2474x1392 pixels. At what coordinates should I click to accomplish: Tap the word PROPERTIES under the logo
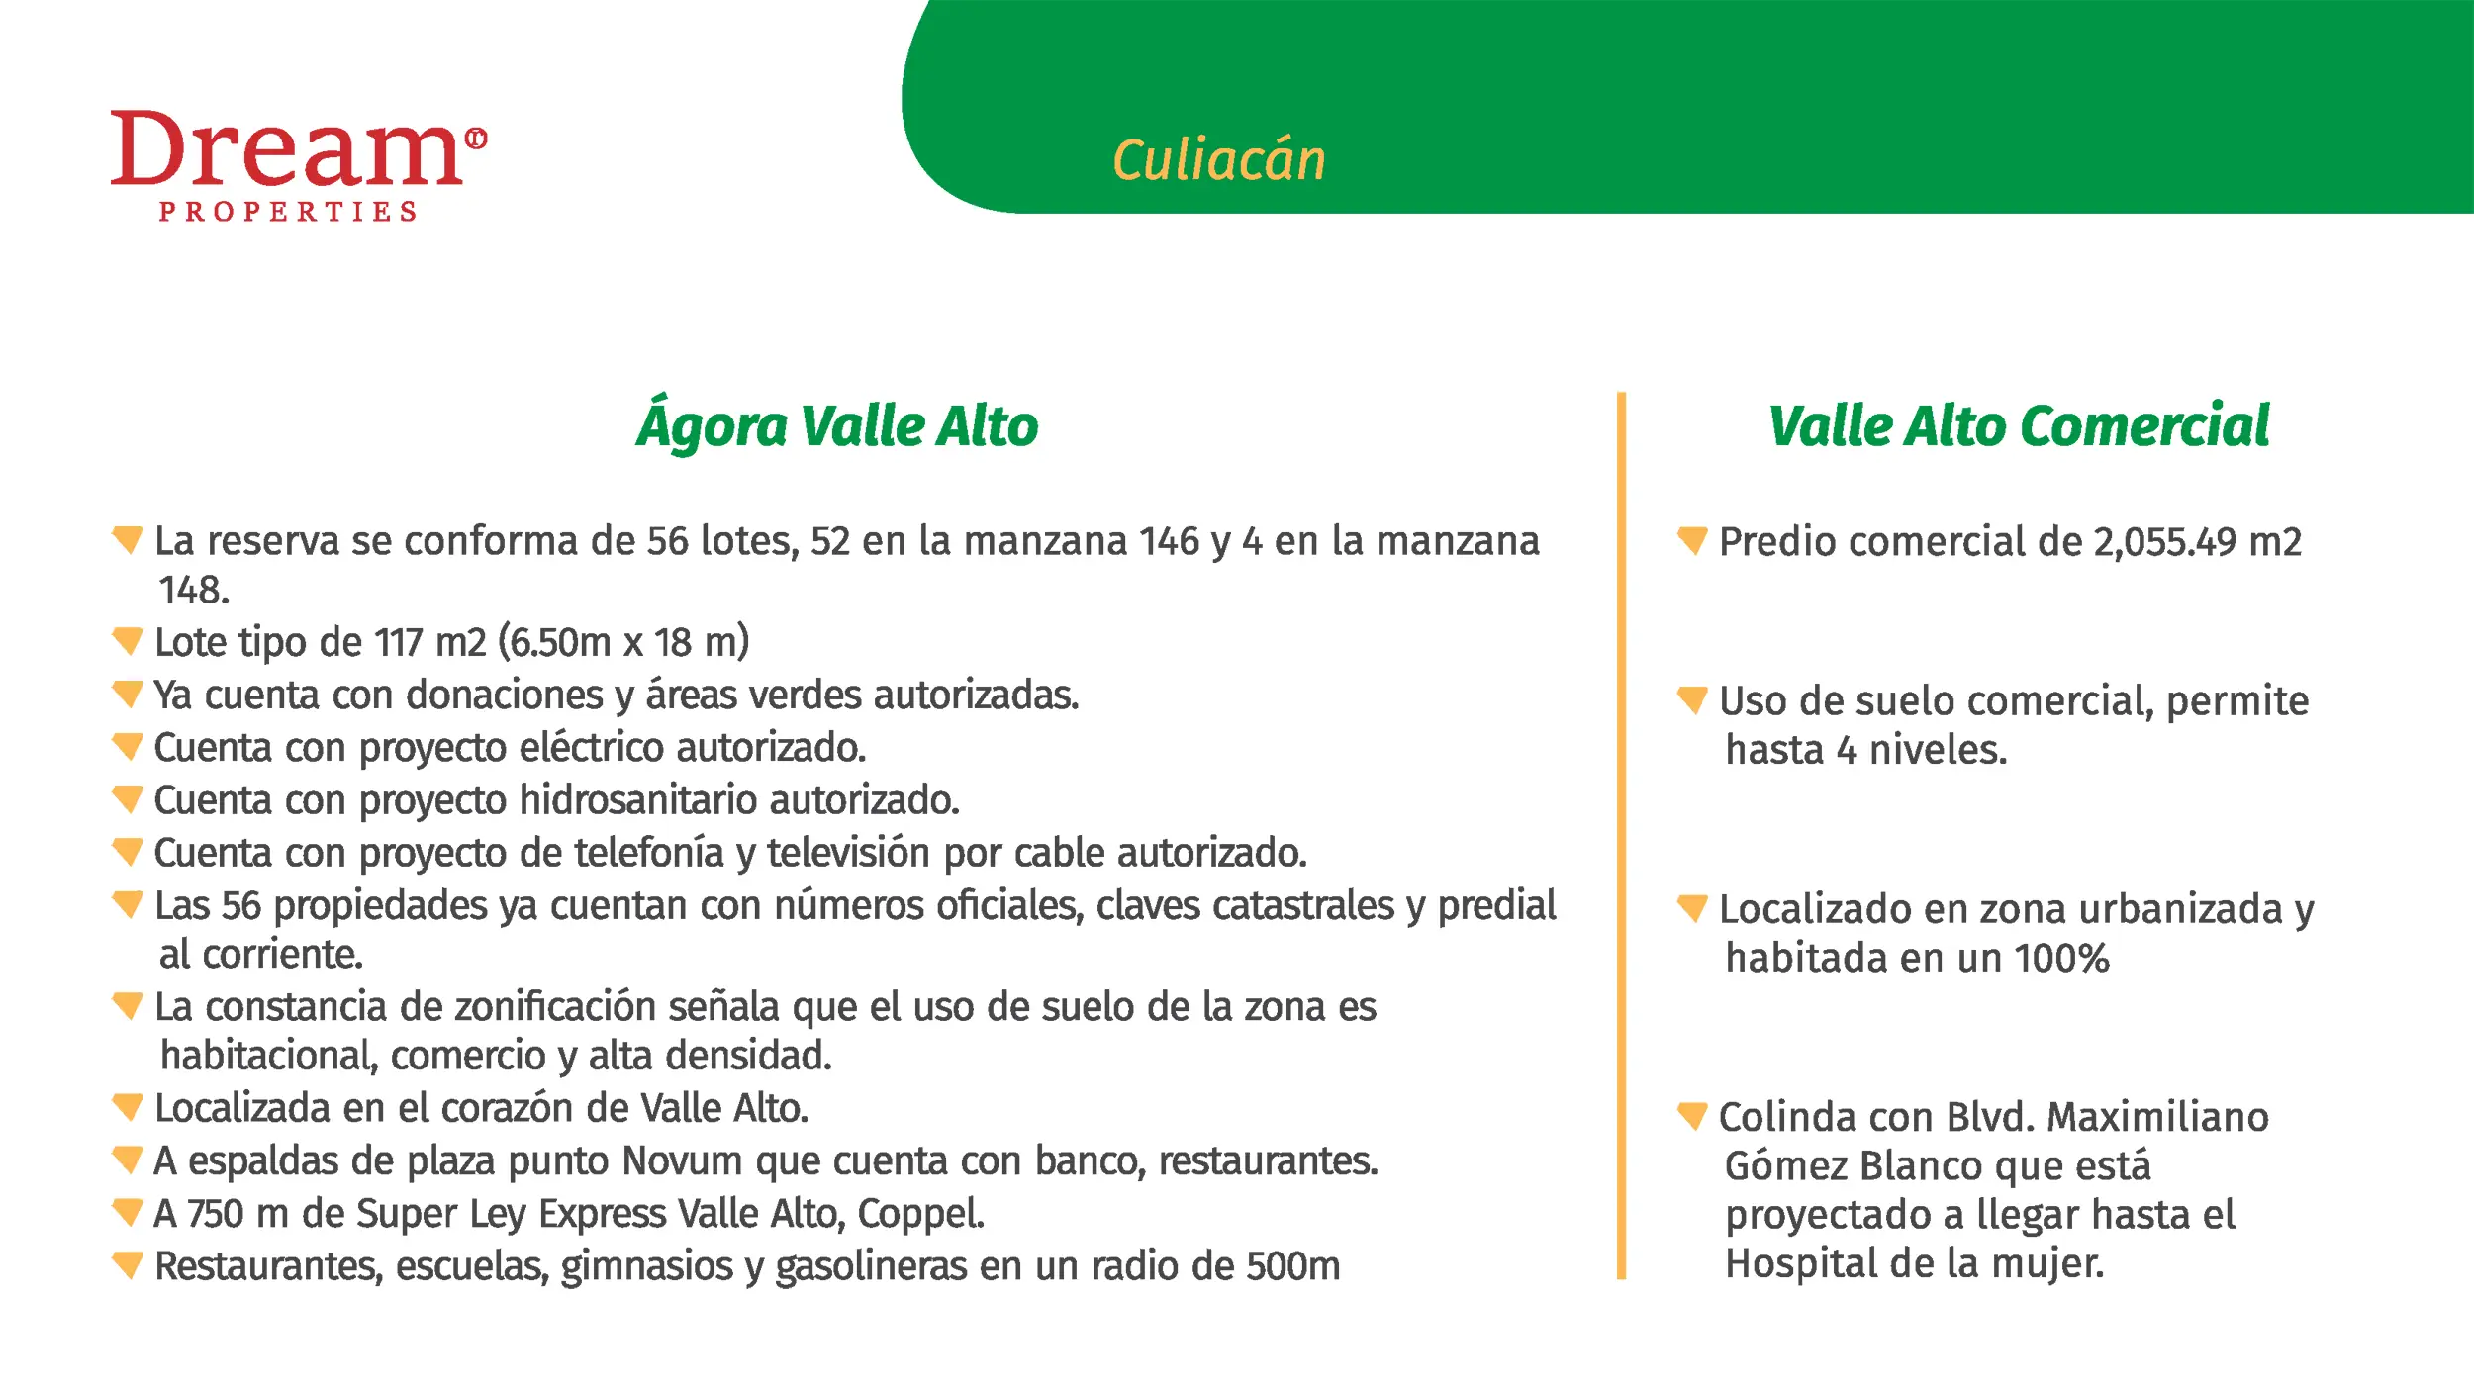(x=288, y=212)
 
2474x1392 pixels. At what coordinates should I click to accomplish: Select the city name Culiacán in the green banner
(x=1218, y=160)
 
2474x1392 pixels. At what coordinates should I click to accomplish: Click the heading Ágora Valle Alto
(x=837, y=425)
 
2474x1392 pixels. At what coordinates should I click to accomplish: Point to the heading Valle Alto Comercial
(x=2019, y=426)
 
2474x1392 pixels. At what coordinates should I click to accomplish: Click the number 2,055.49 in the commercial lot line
(x=2164, y=542)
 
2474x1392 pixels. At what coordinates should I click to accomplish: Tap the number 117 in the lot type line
(x=399, y=643)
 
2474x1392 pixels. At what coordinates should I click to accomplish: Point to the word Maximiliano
(x=2157, y=1118)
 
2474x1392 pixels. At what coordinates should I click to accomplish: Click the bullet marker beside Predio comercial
(x=1692, y=541)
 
